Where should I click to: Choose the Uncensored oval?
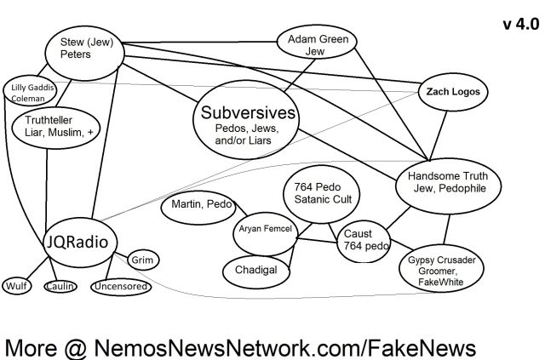tap(122, 286)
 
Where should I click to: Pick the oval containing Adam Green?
tap(320, 44)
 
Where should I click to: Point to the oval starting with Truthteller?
tap(53, 128)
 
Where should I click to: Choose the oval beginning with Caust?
tap(364, 239)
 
